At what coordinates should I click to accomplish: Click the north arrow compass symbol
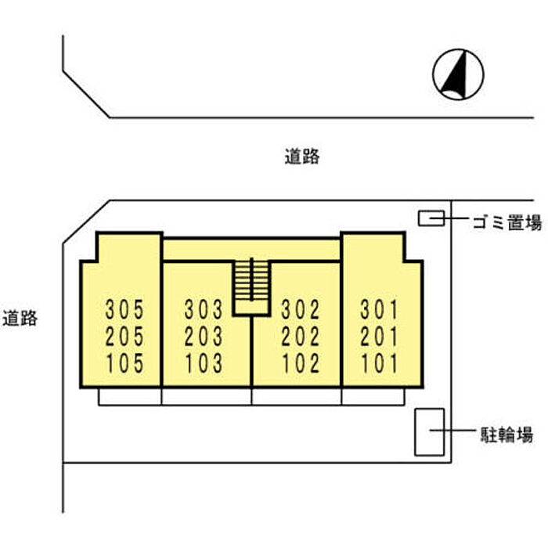point(458,74)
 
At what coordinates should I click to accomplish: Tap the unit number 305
point(124,310)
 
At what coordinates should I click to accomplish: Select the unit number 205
point(124,336)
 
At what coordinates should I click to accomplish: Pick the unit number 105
point(124,363)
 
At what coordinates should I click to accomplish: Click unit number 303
point(204,310)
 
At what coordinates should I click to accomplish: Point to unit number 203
point(204,336)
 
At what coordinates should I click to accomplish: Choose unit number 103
point(204,363)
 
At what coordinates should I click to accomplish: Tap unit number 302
point(301,310)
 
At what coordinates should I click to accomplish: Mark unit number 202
point(301,336)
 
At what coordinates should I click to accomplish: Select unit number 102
point(301,363)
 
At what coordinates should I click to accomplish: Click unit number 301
point(380,310)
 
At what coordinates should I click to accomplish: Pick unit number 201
point(380,336)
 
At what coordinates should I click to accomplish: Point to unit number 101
point(380,363)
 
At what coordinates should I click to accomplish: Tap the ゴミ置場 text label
point(507,222)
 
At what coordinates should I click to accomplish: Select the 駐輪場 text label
point(507,434)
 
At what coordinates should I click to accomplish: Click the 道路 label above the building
point(302,157)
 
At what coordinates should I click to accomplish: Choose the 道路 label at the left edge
point(20,318)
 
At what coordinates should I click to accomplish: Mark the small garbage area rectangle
point(431,218)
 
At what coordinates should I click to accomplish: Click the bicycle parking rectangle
point(430,432)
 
